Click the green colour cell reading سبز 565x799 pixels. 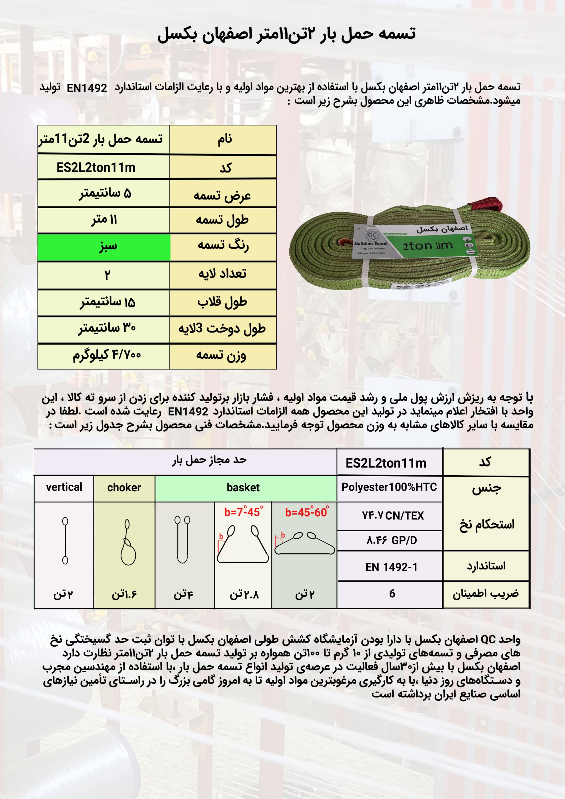click(x=104, y=247)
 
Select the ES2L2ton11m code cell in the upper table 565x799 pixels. click(x=96, y=168)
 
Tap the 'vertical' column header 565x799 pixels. click(x=64, y=487)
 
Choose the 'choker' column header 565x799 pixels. click(x=124, y=488)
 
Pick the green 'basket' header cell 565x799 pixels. click(x=243, y=488)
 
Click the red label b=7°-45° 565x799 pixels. click(x=243, y=512)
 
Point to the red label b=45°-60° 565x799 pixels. click(x=306, y=512)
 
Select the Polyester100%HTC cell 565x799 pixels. click(x=389, y=487)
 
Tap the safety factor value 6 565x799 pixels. click(x=392, y=593)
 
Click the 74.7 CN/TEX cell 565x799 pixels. click(x=393, y=516)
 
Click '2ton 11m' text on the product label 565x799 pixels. click(x=428, y=246)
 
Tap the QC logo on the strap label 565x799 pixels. click(x=372, y=237)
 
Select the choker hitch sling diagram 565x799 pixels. click(x=128, y=542)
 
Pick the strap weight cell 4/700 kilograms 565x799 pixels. click(x=106, y=355)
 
